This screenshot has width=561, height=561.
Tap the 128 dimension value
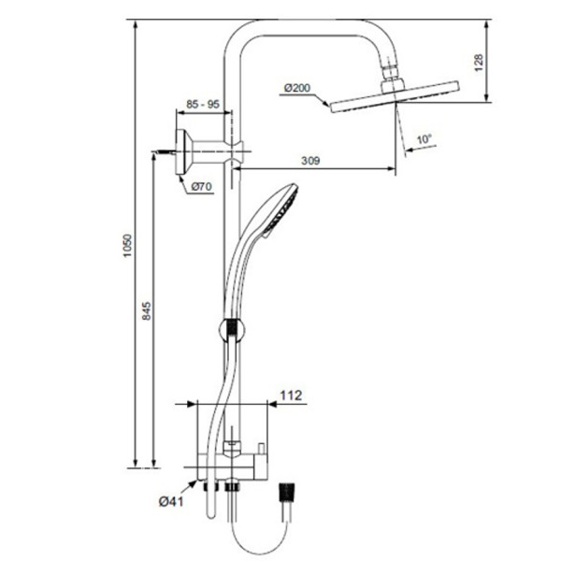[479, 62]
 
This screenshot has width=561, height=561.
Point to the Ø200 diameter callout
[295, 89]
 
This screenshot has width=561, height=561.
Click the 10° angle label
[424, 139]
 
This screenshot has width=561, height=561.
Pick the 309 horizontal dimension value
[311, 161]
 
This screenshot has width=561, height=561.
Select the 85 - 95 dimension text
[203, 105]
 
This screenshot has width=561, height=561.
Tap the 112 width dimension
[293, 396]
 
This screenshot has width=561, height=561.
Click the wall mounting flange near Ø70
[184, 147]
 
